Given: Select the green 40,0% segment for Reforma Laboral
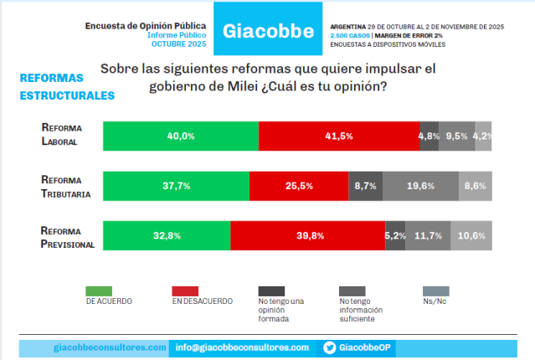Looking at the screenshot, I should pos(181,136).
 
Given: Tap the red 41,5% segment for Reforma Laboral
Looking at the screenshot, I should pos(339,136).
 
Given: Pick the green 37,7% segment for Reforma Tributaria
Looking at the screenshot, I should pos(176,186).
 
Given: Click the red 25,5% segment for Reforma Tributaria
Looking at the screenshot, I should pos(299,186).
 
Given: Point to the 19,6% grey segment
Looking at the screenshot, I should pos(420,186).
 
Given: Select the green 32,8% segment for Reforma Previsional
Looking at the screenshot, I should pos(167,235).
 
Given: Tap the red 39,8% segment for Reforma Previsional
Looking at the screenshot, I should pos(307,235).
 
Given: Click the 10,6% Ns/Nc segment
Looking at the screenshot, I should pos(471,235).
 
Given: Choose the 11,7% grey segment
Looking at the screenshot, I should pos(429,235).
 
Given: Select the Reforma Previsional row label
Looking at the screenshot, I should pos(67,237).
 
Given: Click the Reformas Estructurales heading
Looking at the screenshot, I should pos(67,87).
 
